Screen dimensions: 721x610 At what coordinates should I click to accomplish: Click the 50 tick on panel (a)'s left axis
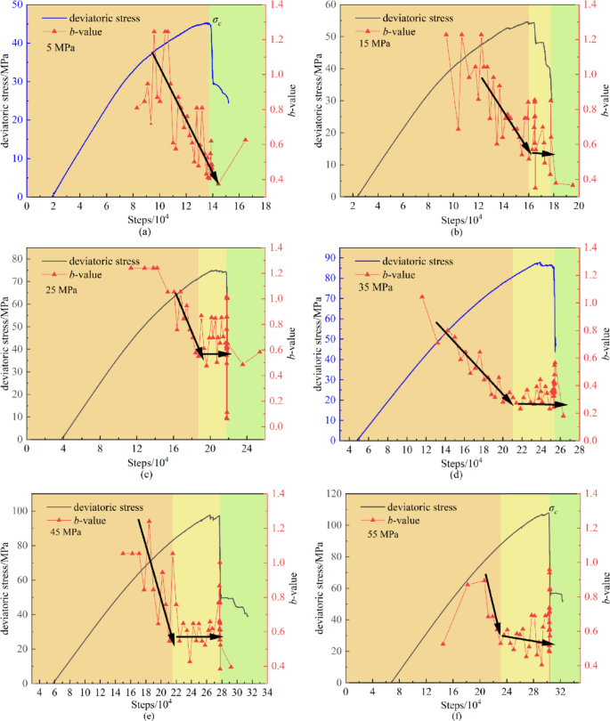(19, 5)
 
